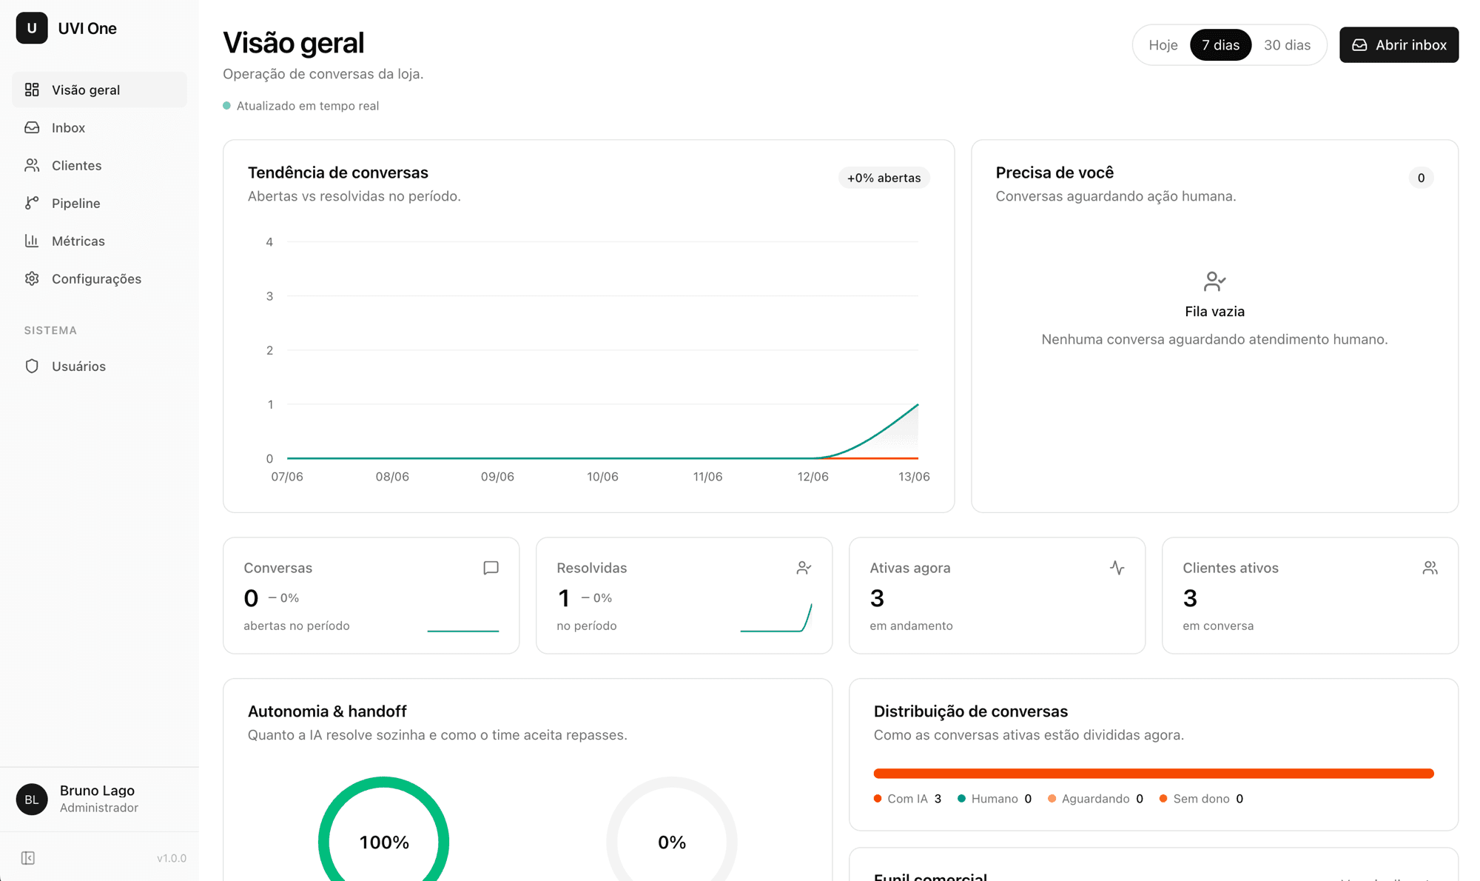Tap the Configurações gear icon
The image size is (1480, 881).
pyautogui.click(x=32, y=278)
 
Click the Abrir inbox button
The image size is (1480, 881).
pyautogui.click(x=1399, y=45)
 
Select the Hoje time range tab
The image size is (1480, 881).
pyautogui.click(x=1163, y=45)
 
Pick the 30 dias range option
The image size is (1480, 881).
pyautogui.click(x=1287, y=45)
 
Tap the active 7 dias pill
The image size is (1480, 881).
pyautogui.click(x=1220, y=45)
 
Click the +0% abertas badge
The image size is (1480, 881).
pyautogui.click(x=884, y=178)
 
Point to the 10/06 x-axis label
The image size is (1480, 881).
pyautogui.click(x=602, y=477)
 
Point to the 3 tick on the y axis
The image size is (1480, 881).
pyautogui.click(x=269, y=296)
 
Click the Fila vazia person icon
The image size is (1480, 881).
pyautogui.click(x=1214, y=281)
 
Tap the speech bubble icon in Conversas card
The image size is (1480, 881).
pyautogui.click(x=491, y=568)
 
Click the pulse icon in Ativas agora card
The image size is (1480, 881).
pyautogui.click(x=1117, y=568)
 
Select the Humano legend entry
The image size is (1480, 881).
pyautogui.click(x=994, y=799)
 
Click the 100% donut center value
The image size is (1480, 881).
pyautogui.click(x=384, y=843)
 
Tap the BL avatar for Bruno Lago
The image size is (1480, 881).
pyautogui.click(x=32, y=800)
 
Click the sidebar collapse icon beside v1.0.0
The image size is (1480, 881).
pyautogui.click(x=28, y=858)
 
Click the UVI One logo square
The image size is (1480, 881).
pyautogui.click(x=32, y=28)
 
